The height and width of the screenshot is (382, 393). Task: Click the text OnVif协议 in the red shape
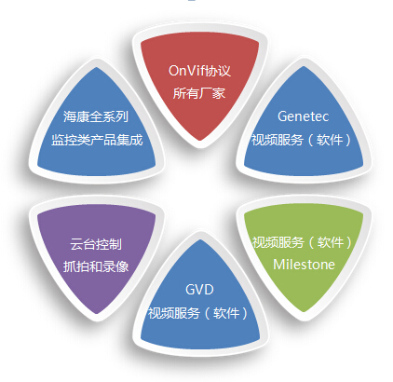(x=199, y=71)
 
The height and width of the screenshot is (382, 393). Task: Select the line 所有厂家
(x=199, y=93)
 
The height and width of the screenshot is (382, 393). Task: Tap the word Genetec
(x=303, y=116)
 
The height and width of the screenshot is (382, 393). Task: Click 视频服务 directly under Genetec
(x=278, y=140)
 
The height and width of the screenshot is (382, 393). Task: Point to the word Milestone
(x=304, y=265)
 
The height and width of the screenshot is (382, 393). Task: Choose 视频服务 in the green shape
(x=278, y=242)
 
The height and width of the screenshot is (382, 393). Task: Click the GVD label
(x=199, y=290)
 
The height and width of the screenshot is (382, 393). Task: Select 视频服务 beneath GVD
(x=174, y=313)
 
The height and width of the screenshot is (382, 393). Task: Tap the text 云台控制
(x=96, y=244)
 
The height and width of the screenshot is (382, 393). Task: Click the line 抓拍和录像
(x=96, y=266)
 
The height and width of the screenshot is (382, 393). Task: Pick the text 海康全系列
(x=96, y=116)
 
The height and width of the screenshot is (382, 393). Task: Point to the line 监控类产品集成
(x=97, y=140)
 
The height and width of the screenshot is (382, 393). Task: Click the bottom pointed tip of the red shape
(x=200, y=141)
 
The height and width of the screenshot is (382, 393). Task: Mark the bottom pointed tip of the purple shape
(x=97, y=313)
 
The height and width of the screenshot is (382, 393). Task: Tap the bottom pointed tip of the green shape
(x=304, y=311)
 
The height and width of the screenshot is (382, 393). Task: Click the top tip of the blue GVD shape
(x=200, y=239)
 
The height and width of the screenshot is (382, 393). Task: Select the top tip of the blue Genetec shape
(x=304, y=66)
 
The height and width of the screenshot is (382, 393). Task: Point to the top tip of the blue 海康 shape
(x=97, y=67)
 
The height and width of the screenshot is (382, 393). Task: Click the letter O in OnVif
(x=173, y=71)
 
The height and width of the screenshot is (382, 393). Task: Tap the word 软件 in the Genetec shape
(x=330, y=140)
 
